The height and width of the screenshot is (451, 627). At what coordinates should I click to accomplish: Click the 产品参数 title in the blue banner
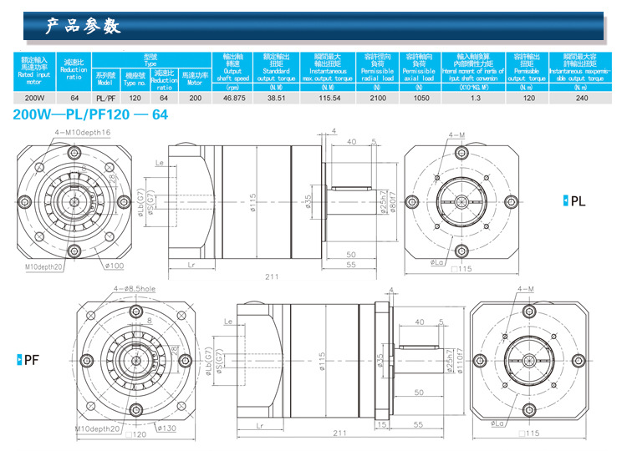tap(84, 27)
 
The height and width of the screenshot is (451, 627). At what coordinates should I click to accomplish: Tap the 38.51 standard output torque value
tap(276, 98)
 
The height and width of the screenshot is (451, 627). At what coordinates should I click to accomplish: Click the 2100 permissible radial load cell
tap(378, 98)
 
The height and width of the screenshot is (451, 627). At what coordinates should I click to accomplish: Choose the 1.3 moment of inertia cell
tap(475, 98)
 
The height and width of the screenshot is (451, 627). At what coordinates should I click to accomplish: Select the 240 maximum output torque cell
tap(582, 98)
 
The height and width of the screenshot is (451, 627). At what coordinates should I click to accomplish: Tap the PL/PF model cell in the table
tap(105, 98)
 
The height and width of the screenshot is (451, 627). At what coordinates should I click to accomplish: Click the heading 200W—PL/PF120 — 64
tap(90, 115)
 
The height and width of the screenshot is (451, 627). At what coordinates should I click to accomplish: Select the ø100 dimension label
tap(115, 266)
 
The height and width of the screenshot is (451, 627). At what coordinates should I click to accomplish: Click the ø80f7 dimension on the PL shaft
tap(391, 201)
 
